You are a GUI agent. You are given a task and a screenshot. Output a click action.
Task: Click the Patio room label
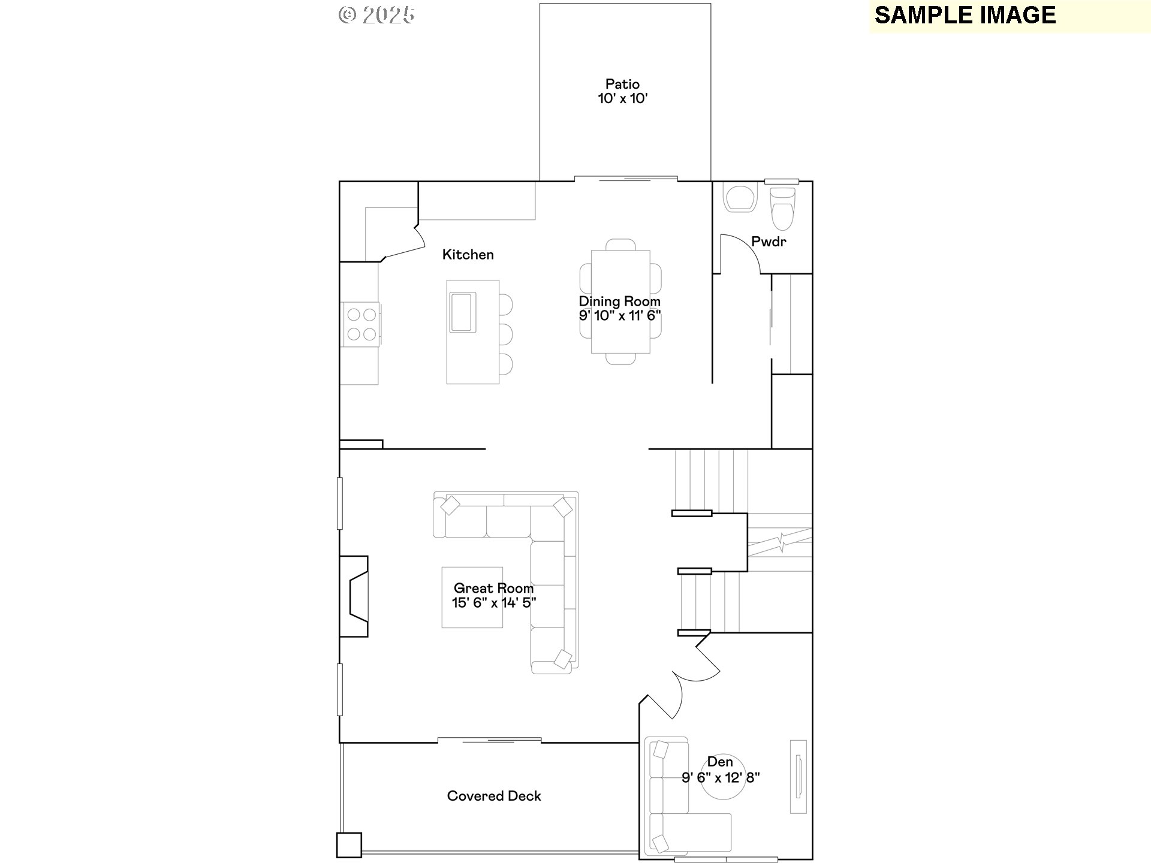pos(622,85)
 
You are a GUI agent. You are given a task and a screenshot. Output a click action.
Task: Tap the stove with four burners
pos(361,324)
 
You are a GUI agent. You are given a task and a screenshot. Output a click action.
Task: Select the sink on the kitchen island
pos(463,312)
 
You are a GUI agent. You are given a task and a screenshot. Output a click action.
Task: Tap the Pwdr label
pos(769,242)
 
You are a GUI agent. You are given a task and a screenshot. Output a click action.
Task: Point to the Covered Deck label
pos(494,796)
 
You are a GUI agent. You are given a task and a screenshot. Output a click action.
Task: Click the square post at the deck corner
pos(349,845)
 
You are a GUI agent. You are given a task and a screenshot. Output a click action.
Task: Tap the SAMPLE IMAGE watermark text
pos(965,16)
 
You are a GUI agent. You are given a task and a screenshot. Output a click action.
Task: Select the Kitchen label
pos(468,255)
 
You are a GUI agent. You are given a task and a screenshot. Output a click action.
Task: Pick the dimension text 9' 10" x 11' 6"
pos(620,316)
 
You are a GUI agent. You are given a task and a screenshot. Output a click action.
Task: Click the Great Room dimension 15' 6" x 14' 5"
pos(494,603)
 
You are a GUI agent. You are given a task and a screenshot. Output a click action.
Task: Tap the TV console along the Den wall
pos(798,777)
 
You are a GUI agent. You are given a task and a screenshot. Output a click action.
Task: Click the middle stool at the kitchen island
pos(505,334)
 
